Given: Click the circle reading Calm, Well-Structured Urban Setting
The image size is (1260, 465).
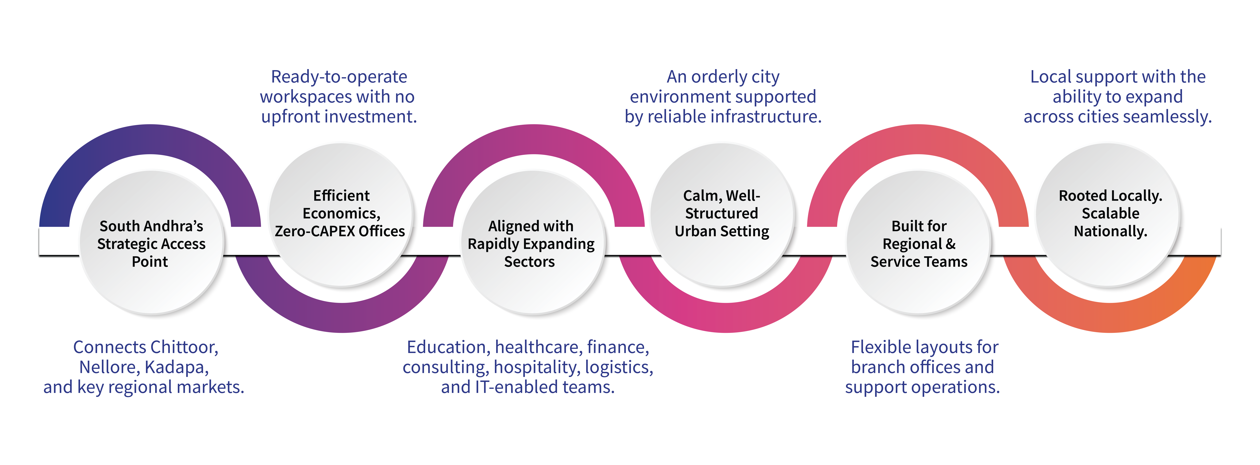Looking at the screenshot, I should point(722,214).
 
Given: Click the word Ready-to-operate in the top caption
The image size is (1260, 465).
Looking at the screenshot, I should point(339,77).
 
